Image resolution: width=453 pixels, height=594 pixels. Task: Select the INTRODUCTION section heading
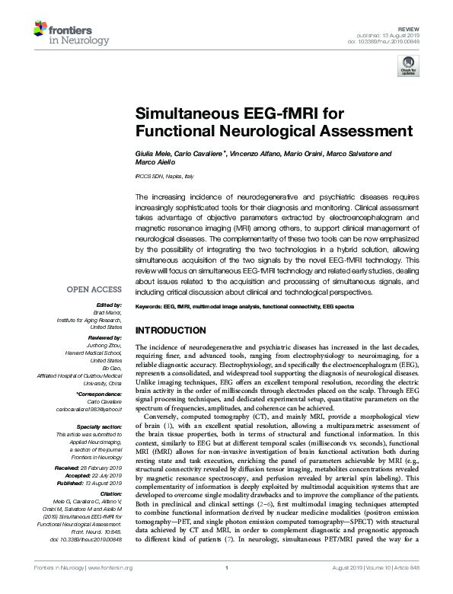(x=170, y=331)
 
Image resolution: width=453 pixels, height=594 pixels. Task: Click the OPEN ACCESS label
(x=94, y=289)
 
